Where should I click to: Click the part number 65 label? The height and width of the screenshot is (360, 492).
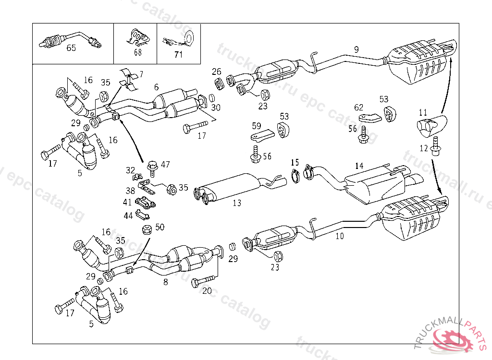pyautogui.click(x=71, y=48)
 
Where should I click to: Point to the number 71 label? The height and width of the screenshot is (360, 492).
pyautogui.click(x=178, y=54)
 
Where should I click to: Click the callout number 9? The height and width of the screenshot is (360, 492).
pyautogui.click(x=356, y=49)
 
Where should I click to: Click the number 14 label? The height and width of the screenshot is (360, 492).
pyautogui.click(x=359, y=166)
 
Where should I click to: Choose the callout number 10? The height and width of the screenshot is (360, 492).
pyautogui.click(x=340, y=236)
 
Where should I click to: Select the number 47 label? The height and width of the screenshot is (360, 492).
pyautogui.click(x=165, y=165)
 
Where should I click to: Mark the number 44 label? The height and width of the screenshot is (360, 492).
pyautogui.click(x=128, y=216)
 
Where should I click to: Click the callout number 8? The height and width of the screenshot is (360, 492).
pyautogui.click(x=166, y=282)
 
